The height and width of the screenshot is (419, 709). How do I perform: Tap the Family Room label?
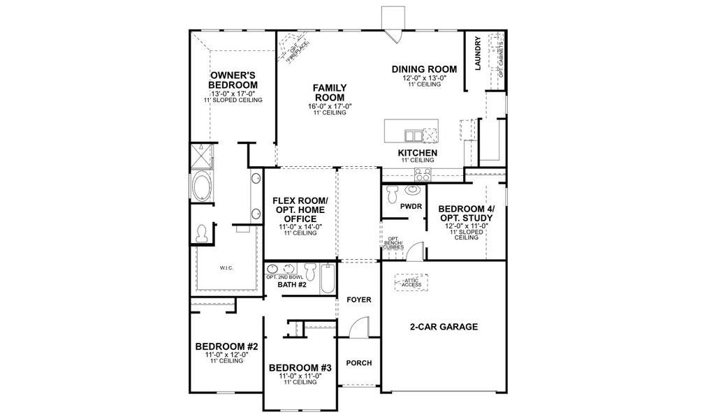(x=330, y=92)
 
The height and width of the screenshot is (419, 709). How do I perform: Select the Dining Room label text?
(x=424, y=69)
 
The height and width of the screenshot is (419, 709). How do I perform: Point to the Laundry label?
(x=478, y=54)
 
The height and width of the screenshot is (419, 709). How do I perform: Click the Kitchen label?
(x=418, y=152)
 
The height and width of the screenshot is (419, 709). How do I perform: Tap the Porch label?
(x=358, y=363)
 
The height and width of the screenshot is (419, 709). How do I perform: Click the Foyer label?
(x=359, y=300)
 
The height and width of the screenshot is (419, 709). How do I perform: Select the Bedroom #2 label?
(x=227, y=346)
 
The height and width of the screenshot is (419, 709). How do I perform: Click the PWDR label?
(x=409, y=207)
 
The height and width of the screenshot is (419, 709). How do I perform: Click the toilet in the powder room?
(x=392, y=190)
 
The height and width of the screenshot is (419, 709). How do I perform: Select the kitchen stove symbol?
(x=423, y=173)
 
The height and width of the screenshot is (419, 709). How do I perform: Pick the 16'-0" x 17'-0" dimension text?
(x=330, y=106)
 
